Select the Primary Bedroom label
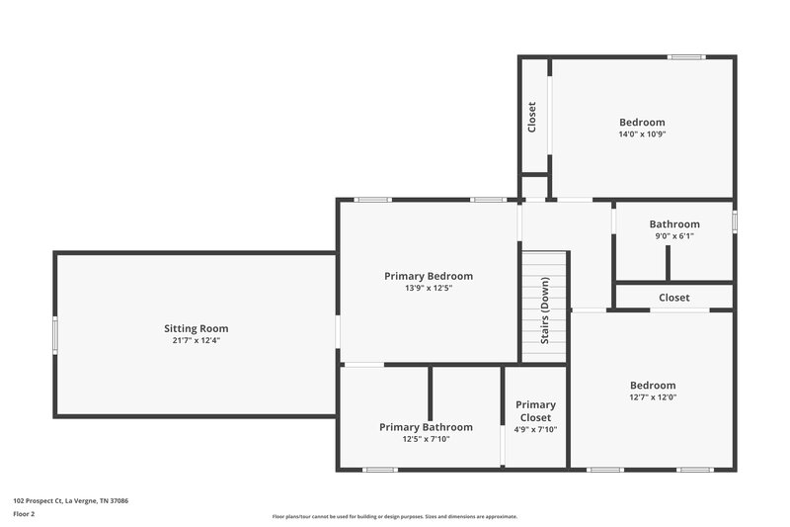pyautogui.click(x=429, y=276)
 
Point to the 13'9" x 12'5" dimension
pyautogui.click(x=429, y=289)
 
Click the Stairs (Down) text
pyautogui.click(x=545, y=309)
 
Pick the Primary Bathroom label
pyautogui.click(x=426, y=427)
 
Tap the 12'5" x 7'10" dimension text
pyautogui.click(x=426, y=440)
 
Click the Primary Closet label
pyautogui.click(x=535, y=410)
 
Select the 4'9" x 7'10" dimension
pyautogui.click(x=535, y=429)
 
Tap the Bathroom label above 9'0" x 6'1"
pyautogui.click(x=674, y=224)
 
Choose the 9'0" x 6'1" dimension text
pyautogui.click(x=674, y=237)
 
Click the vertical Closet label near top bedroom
pyautogui.click(x=532, y=118)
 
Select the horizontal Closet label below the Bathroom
pyautogui.click(x=674, y=298)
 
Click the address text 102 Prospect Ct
pyautogui.click(x=70, y=500)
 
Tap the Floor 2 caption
pyautogui.click(x=25, y=514)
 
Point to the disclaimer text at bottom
pyautogui.click(x=394, y=516)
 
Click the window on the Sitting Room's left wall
pyautogui.click(x=54, y=334)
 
